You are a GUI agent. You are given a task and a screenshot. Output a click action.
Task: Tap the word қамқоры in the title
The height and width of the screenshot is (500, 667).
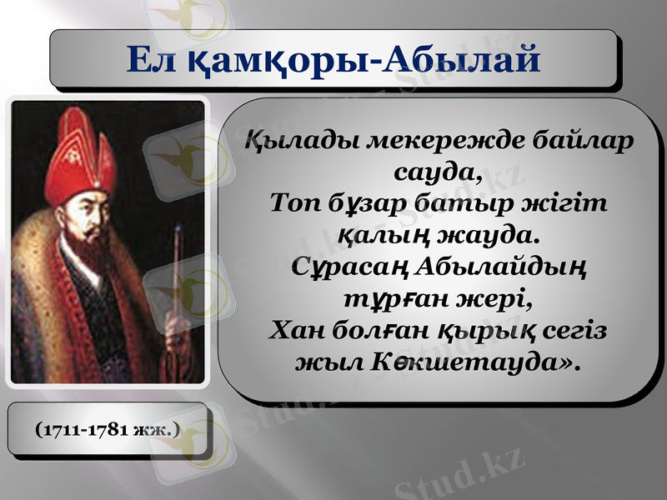(280, 60)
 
